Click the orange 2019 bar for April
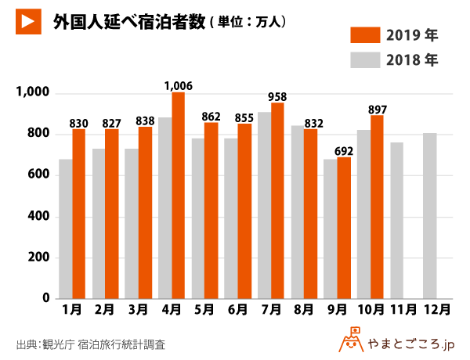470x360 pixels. [179, 196]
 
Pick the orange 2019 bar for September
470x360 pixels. [343, 228]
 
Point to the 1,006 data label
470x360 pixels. [179, 85]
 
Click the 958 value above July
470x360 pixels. [277, 97]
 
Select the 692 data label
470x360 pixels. [343, 150]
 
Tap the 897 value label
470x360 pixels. [377, 109]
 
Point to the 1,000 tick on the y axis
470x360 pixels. [34, 93]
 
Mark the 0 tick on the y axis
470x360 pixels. [46, 299]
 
